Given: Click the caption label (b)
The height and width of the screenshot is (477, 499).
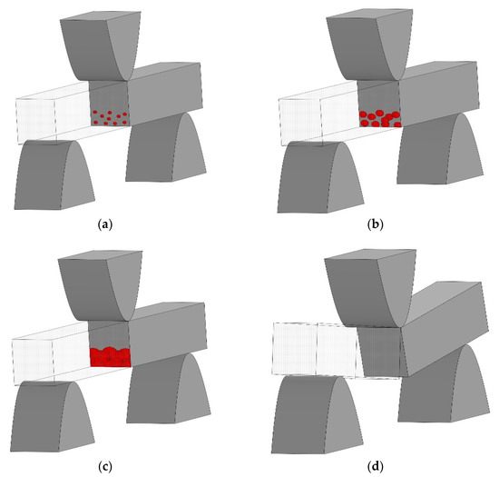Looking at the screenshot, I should (373, 221).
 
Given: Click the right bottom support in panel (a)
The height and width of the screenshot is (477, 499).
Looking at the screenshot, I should (163, 150).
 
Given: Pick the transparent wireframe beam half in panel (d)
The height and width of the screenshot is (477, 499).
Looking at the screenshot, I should (313, 350).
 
